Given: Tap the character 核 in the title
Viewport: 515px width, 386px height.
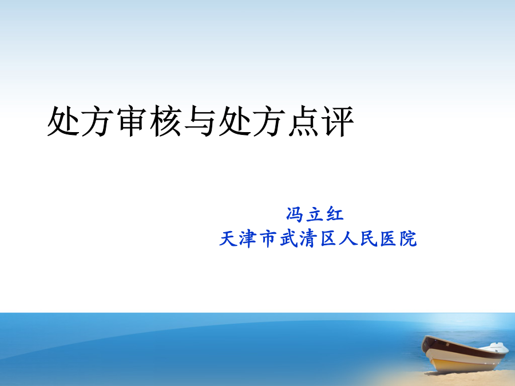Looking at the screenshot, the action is click(166, 121).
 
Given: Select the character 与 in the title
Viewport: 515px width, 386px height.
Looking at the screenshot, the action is click(200, 121).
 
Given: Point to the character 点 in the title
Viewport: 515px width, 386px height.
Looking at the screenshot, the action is click(303, 121).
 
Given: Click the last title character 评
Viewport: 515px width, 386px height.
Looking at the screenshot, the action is click(338, 121).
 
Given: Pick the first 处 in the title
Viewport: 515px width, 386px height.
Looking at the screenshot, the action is click(63, 121).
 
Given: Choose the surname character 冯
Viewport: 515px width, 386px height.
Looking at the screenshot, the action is click(295, 214).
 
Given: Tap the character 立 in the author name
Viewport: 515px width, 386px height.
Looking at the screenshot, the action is click(314, 214).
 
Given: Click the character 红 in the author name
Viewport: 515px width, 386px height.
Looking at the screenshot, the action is click(334, 214).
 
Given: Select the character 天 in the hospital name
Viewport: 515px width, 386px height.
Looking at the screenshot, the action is click(228, 238).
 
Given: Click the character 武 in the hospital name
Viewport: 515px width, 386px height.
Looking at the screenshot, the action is click(289, 238).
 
